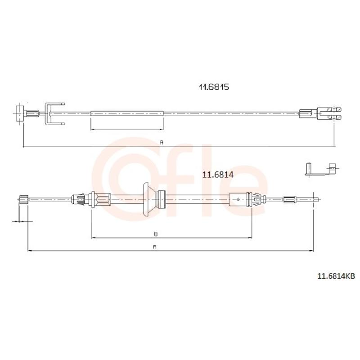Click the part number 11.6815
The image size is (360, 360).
pos(214,87)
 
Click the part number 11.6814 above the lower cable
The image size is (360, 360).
pos(218,175)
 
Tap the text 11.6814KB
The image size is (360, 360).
pos(336,276)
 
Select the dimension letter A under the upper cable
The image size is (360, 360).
pos(162,142)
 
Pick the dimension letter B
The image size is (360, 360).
pos(156,234)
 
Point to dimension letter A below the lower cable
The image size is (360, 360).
pos(154,247)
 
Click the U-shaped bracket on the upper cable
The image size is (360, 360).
pos(47,114)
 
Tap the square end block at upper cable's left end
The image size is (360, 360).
pos(19,113)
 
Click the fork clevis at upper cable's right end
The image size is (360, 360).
pos(329,113)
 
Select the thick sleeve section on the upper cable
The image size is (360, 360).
pos(127,113)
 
